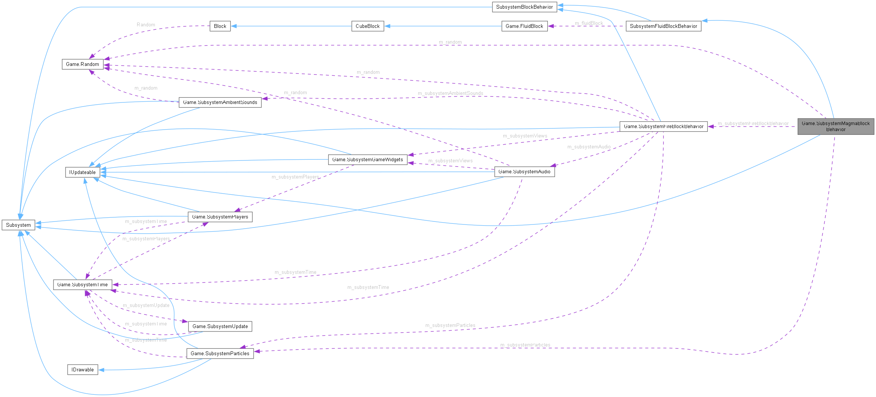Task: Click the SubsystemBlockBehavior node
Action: (x=524, y=7)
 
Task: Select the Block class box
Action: (x=220, y=26)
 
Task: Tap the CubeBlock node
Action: (x=367, y=26)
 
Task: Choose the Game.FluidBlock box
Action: (x=524, y=26)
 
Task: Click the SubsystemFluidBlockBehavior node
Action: (x=663, y=26)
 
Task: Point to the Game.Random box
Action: (x=83, y=64)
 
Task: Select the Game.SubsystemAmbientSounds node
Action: (x=220, y=102)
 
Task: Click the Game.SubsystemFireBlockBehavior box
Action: (x=663, y=126)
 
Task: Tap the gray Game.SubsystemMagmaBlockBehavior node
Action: (x=835, y=126)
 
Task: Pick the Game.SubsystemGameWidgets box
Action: (x=367, y=159)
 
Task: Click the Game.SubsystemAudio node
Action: (x=524, y=171)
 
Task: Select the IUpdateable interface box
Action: (x=83, y=172)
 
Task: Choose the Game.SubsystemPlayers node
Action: (x=220, y=217)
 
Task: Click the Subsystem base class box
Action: (x=18, y=225)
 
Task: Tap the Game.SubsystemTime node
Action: (x=83, y=284)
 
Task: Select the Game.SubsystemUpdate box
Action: (x=220, y=326)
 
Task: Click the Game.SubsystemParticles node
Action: (x=220, y=353)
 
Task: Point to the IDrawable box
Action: (x=83, y=370)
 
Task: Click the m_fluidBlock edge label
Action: (x=589, y=23)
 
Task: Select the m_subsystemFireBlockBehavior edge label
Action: (x=753, y=124)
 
